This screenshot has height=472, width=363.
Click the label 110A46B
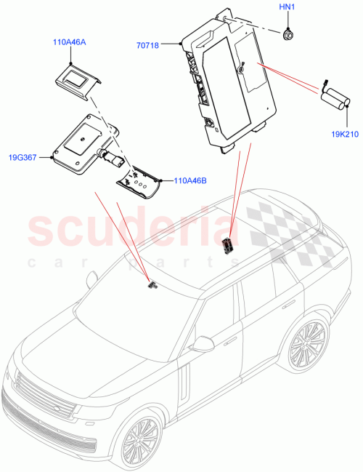[x=189, y=181]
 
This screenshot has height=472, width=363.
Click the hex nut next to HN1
[x=288, y=32]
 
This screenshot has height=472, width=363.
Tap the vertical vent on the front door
[x=184, y=381]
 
